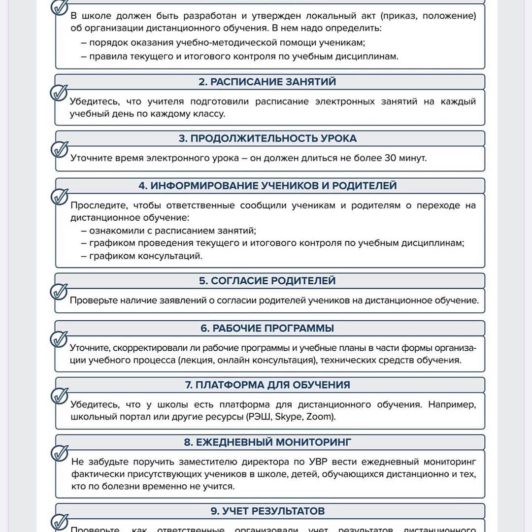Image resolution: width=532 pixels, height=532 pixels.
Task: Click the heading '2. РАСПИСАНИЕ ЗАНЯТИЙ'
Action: click(267, 82)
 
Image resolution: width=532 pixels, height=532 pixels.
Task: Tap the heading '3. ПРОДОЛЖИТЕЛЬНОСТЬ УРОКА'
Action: click(267, 138)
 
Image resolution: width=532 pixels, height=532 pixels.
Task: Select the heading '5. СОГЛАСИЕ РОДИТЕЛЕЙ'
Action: click(267, 281)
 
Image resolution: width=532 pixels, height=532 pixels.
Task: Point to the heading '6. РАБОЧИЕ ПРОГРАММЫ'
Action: click(267, 328)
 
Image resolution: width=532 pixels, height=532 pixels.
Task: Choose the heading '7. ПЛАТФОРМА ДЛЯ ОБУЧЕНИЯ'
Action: click(267, 385)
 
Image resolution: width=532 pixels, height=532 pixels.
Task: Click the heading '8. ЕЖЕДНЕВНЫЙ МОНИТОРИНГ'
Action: click(267, 442)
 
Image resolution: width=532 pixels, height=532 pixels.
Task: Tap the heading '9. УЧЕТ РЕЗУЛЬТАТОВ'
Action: click(267, 511)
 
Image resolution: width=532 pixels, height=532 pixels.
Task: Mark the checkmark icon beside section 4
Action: click(60, 196)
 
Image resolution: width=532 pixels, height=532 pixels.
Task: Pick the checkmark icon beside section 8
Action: click(60, 452)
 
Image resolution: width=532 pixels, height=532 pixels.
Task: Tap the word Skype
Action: click(288, 417)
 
